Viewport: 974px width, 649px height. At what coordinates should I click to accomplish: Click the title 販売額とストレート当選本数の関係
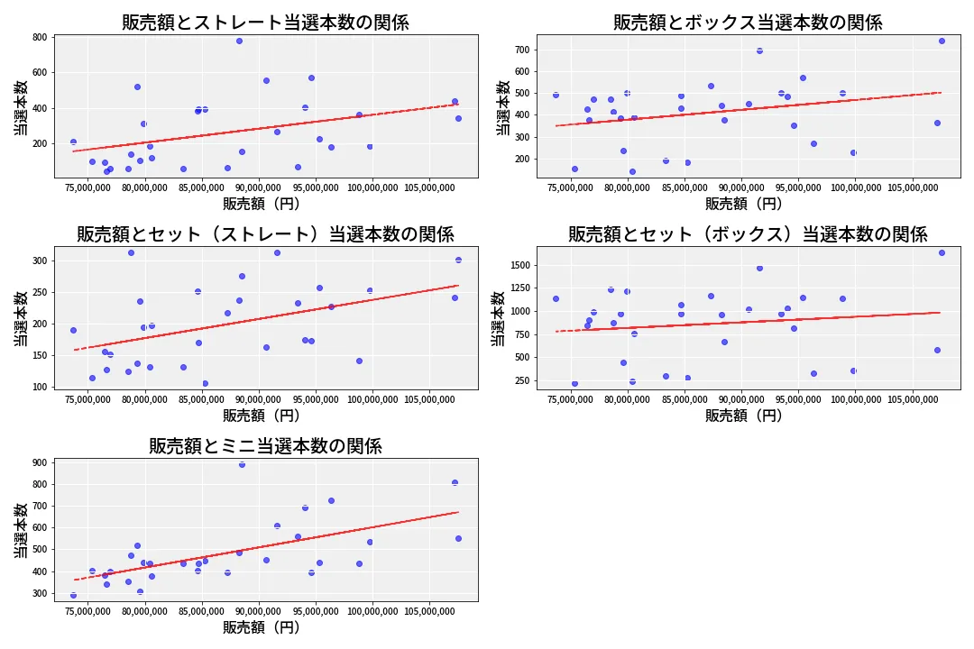(265, 23)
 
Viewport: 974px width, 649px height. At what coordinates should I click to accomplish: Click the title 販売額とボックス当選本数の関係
(748, 23)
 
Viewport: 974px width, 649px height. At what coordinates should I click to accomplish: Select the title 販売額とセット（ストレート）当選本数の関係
(265, 234)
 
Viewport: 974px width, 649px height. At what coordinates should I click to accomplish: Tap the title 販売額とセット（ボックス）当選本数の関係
(748, 234)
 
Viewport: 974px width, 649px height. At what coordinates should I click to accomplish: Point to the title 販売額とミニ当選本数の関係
(265, 446)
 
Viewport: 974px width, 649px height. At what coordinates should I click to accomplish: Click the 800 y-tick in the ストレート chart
(39, 37)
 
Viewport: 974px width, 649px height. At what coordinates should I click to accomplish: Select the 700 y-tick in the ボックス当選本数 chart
(521, 49)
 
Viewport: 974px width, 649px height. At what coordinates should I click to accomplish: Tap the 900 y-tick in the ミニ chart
(39, 462)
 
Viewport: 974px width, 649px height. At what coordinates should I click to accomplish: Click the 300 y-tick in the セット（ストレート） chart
(39, 261)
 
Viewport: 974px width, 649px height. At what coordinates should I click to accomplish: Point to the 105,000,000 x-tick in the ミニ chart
(428, 611)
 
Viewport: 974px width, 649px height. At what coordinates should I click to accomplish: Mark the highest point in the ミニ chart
(242, 464)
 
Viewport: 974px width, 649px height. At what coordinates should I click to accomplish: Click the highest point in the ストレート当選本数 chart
(239, 41)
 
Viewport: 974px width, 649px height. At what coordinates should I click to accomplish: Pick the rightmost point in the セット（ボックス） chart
(942, 252)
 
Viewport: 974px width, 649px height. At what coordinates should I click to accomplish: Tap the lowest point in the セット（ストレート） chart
(205, 383)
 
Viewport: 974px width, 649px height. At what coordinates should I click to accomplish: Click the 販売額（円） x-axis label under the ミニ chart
(262, 627)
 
